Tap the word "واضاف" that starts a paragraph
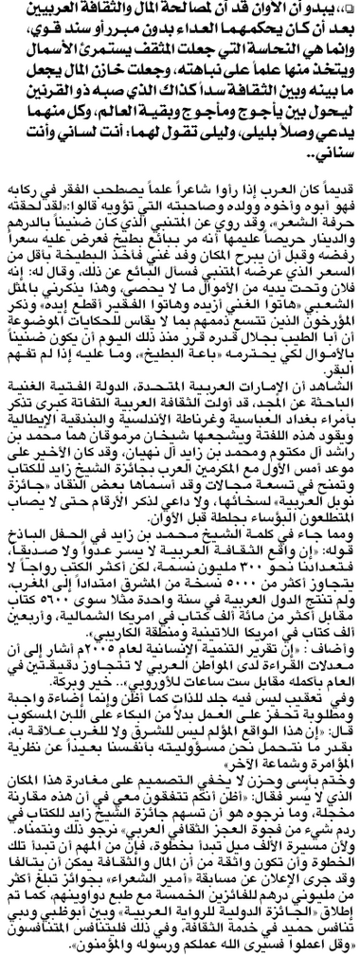(x=335, y=676)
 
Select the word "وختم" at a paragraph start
(x=337, y=784)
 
